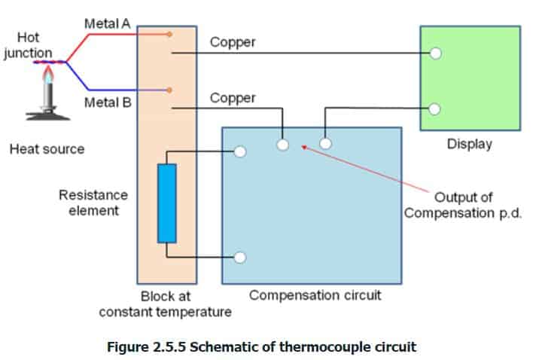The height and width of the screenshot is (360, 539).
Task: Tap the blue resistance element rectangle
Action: [166, 203]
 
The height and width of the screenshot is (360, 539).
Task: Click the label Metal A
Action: [107, 24]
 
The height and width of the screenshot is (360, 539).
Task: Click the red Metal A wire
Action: [113, 35]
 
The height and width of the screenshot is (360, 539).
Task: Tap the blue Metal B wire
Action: [113, 88]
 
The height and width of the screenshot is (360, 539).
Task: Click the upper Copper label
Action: [233, 42]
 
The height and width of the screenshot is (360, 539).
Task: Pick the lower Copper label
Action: [233, 98]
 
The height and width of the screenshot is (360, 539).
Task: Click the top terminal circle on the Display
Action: [435, 53]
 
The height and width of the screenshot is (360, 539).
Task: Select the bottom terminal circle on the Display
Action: [435, 108]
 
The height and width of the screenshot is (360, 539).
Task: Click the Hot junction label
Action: [27, 45]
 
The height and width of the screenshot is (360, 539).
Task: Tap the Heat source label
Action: [47, 149]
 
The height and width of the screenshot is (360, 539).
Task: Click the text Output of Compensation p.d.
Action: [463, 205]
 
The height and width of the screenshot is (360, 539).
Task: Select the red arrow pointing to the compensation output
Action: [361, 167]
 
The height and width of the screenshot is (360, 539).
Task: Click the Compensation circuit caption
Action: [315, 294]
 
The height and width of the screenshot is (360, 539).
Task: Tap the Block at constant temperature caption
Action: [165, 304]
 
